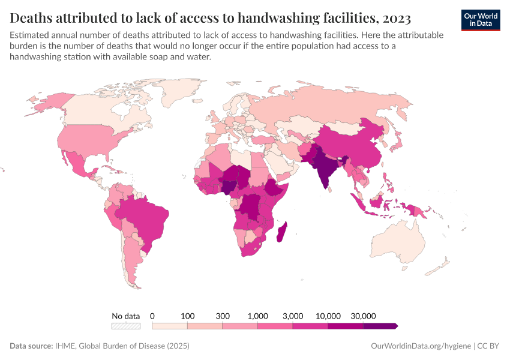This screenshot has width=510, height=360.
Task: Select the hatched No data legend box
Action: tap(125, 326)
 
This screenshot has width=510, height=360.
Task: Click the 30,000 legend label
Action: tap(363, 316)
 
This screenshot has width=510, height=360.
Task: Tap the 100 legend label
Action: tap(188, 316)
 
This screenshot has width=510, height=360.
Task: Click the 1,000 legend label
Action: tap(257, 316)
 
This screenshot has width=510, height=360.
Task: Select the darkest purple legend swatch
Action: tap(380, 326)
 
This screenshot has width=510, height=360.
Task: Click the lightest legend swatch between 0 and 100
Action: tap(170, 326)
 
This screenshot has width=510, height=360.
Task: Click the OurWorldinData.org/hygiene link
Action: tap(421, 346)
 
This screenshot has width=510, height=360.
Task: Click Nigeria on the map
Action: tap(230, 183)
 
